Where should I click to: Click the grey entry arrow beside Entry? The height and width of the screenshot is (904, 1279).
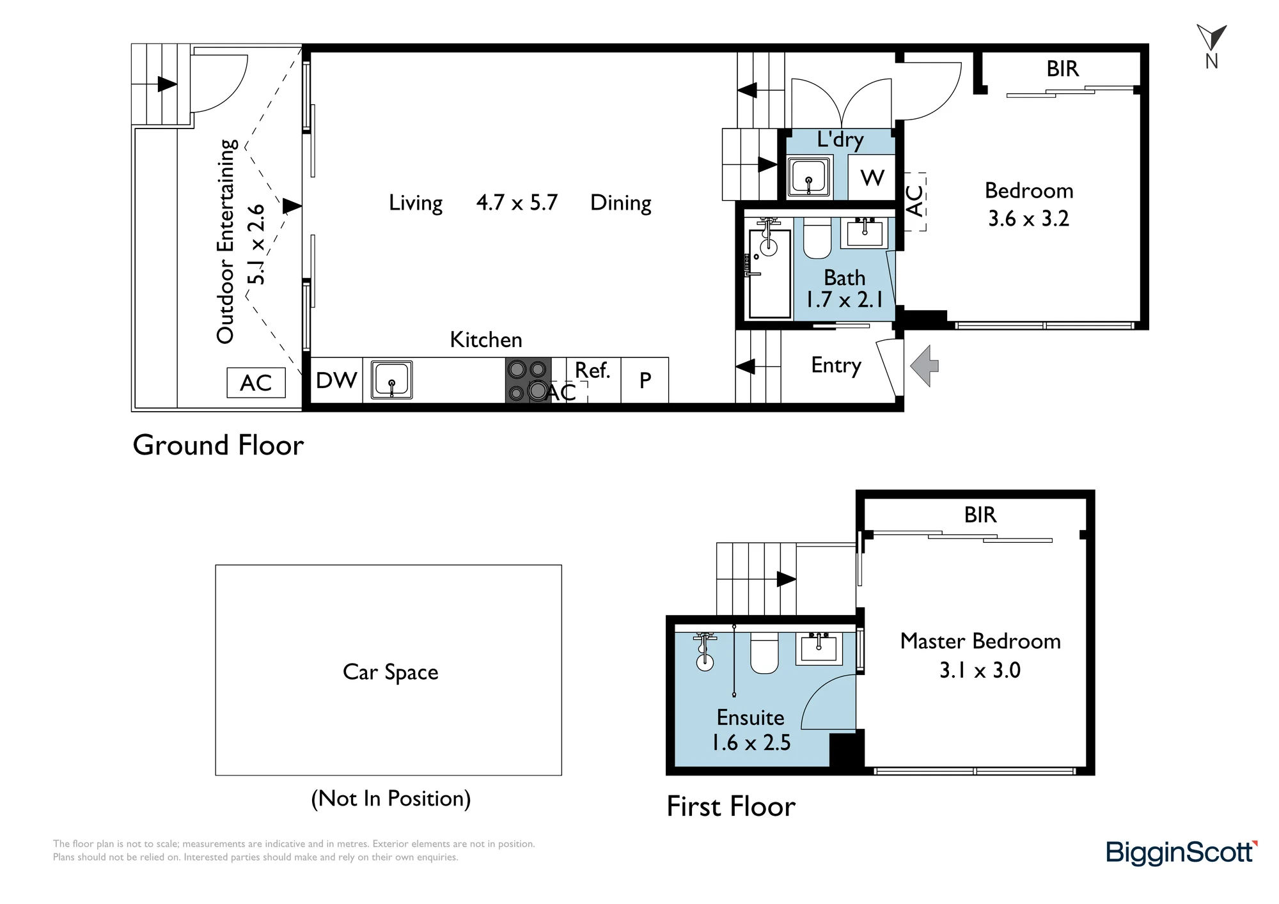(x=925, y=366)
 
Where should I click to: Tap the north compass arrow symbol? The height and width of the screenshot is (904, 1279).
(x=1211, y=38)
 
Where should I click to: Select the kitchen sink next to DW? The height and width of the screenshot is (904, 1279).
(x=391, y=380)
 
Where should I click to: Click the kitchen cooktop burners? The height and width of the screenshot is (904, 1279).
(x=528, y=380)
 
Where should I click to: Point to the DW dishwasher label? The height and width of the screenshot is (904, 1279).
(x=336, y=380)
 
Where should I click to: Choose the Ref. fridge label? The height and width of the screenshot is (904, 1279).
(x=593, y=370)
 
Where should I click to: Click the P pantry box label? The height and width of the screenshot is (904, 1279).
(x=645, y=380)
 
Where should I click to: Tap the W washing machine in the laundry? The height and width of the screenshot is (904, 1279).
(x=872, y=177)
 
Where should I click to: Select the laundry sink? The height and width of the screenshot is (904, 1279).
(x=809, y=177)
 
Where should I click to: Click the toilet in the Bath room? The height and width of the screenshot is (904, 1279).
(x=817, y=238)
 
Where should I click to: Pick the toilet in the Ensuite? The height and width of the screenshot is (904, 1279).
(x=764, y=653)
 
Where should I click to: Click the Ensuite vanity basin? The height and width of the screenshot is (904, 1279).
(x=819, y=648)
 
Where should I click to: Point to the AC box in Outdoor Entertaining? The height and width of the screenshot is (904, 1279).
(x=256, y=383)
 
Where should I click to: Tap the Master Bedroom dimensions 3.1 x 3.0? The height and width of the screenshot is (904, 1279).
(x=980, y=670)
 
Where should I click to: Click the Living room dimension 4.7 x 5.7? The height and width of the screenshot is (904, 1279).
(x=517, y=203)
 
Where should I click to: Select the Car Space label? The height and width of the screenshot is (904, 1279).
(x=391, y=672)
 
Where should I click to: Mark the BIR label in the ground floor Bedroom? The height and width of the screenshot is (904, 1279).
(x=1062, y=68)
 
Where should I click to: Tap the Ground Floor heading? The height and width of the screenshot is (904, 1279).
(x=218, y=445)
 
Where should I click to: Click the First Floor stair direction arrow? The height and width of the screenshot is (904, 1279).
(x=786, y=579)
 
